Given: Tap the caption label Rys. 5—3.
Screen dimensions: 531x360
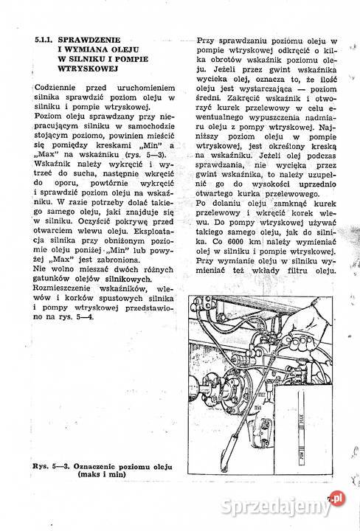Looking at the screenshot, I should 50,467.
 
